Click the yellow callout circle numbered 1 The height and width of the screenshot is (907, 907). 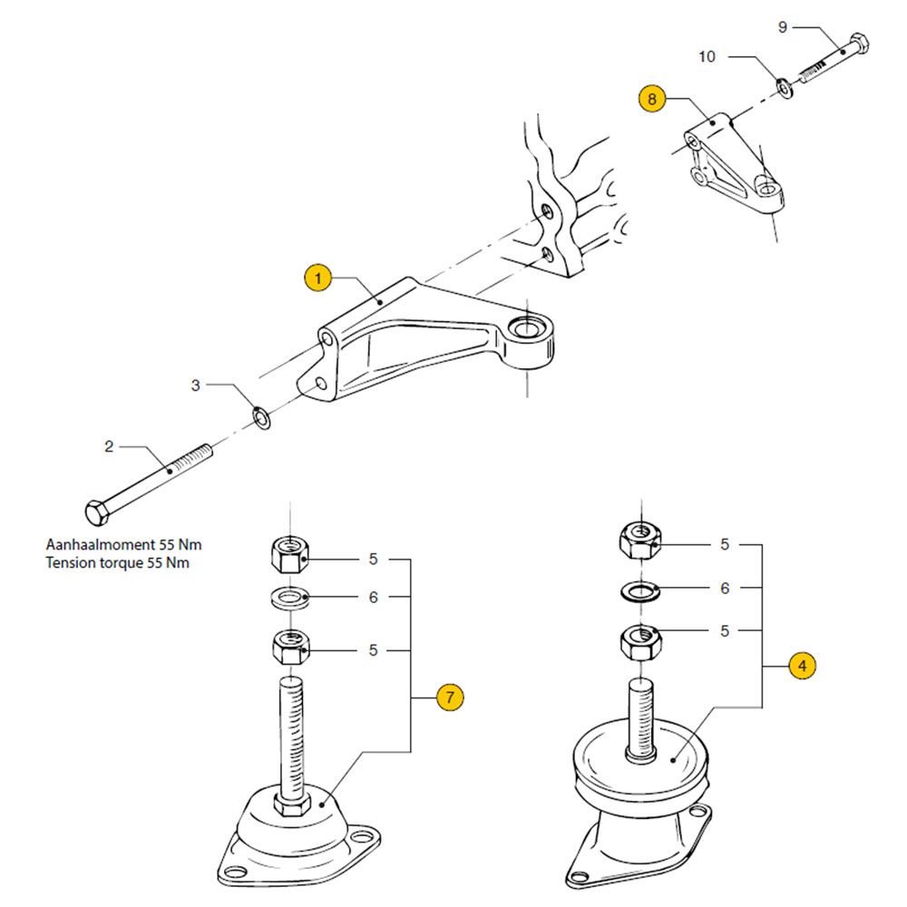(317, 278)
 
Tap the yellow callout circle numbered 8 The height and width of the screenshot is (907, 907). (652, 98)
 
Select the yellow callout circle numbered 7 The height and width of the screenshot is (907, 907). (450, 697)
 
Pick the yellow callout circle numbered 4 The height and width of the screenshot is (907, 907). (803, 666)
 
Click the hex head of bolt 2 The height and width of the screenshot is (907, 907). (96, 512)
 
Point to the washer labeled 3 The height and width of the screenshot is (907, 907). (262, 418)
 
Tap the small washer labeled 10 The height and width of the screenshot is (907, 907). (785, 87)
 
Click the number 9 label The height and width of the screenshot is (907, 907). (783, 26)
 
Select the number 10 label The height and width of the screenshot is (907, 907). (707, 56)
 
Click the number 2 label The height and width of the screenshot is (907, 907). (109, 446)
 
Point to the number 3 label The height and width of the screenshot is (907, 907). (196, 385)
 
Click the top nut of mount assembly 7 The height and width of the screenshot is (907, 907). (290, 554)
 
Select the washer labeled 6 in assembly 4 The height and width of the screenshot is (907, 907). (640, 591)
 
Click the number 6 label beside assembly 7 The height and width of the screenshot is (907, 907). (374, 597)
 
